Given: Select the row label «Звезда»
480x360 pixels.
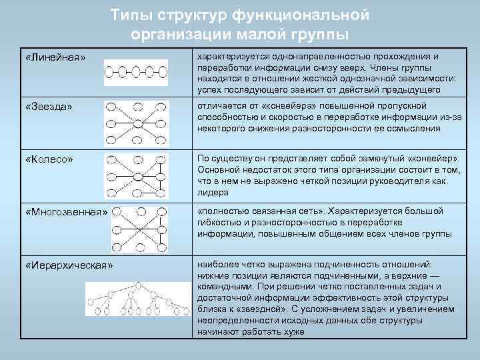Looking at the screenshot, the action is pos(49,107).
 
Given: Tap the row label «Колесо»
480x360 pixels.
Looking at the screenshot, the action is pos(49,160).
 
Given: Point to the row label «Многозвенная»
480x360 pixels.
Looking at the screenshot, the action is pos(66,213).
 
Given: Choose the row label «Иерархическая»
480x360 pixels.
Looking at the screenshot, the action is pos(69,265).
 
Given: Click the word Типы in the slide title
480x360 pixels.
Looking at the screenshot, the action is pos(131,15).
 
